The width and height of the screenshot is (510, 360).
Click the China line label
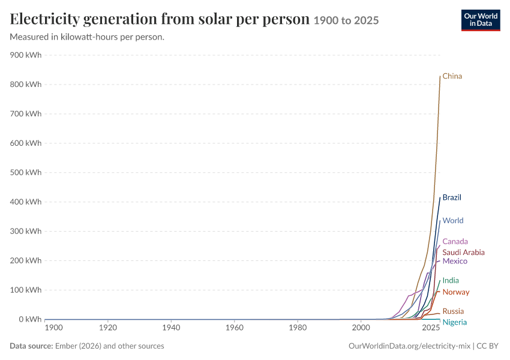click(x=452, y=76)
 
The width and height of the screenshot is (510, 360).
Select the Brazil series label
click(x=452, y=197)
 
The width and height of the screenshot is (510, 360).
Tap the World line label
click(x=453, y=220)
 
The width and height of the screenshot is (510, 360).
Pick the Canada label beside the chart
click(x=455, y=241)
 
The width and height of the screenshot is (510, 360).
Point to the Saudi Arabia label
click(x=463, y=253)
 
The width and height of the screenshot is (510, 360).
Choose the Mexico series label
click(x=455, y=261)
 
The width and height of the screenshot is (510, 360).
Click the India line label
click(x=451, y=280)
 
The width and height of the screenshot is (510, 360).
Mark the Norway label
click(x=455, y=292)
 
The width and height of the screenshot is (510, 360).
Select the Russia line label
click(x=453, y=311)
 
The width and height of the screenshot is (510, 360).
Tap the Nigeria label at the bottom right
click(x=454, y=322)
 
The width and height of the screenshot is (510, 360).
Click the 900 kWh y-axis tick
click(x=26, y=55)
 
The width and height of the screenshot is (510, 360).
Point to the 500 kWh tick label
click(x=26, y=172)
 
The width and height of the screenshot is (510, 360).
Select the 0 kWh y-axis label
click(x=30, y=319)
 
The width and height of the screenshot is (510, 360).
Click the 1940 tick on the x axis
click(x=171, y=328)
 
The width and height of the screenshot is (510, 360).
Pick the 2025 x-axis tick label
click(x=431, y=328)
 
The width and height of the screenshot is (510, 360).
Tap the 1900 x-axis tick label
click(x=53, y=328)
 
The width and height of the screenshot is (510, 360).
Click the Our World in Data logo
click(x=481, y=20)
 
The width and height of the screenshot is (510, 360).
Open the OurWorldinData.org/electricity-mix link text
click(x=409, y=346)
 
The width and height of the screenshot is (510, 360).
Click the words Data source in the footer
click(x=31, y=346)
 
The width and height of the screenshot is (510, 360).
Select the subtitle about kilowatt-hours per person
click(x=87, y=37)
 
